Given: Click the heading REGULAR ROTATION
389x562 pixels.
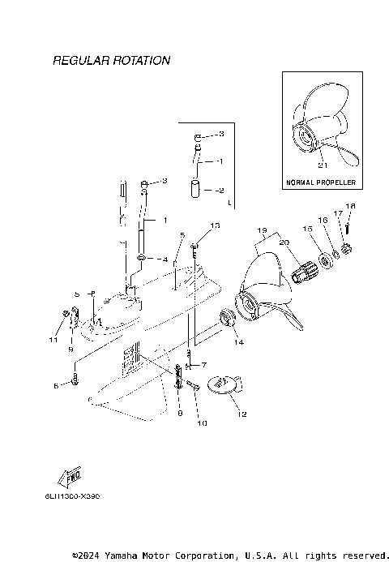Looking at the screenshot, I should [111, 61].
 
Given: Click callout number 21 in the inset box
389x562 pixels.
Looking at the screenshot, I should [322, 165].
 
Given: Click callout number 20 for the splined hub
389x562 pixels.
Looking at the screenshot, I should [284, 242].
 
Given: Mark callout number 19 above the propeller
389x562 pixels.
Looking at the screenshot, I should [260, 230].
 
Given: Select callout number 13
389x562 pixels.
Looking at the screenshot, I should [215, 225].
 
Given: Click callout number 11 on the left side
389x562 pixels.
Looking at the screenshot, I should [53, 339].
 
